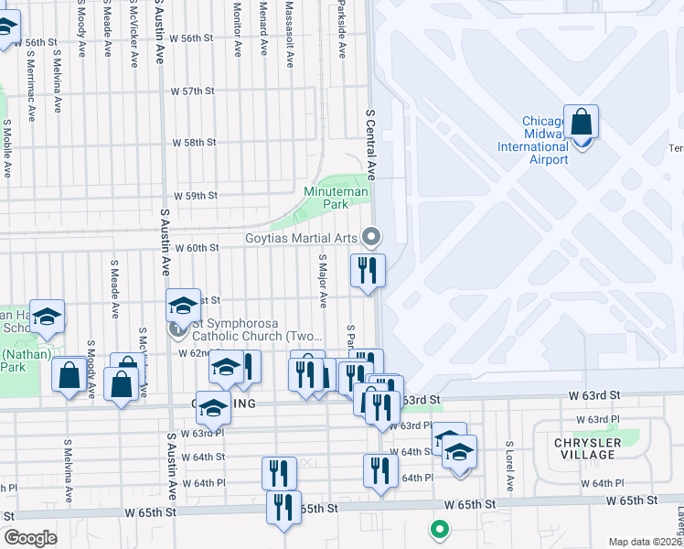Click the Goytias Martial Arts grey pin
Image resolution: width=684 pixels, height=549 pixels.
371,237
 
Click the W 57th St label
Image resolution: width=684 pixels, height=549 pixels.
192,91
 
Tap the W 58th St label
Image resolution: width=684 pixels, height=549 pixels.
194,143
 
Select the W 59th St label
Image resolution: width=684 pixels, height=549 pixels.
196,196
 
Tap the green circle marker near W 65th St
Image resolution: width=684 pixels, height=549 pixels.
440,528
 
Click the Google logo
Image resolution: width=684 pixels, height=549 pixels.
30,538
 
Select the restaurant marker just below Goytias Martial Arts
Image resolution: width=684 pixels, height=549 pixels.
368,271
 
